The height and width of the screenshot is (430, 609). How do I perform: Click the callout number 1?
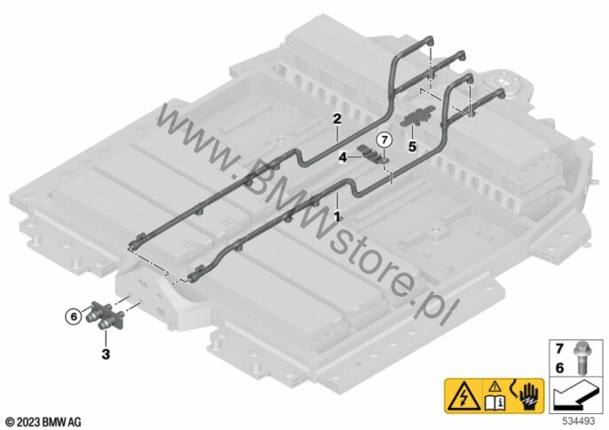click(x=336, y=215)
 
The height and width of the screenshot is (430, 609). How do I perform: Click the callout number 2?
click(x=336, y=118)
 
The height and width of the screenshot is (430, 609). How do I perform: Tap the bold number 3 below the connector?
click(x=106, y=355)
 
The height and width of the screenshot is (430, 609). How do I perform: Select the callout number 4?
click(x=342, y=156)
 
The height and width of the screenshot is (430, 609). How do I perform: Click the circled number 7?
click(x=383, y=139)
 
